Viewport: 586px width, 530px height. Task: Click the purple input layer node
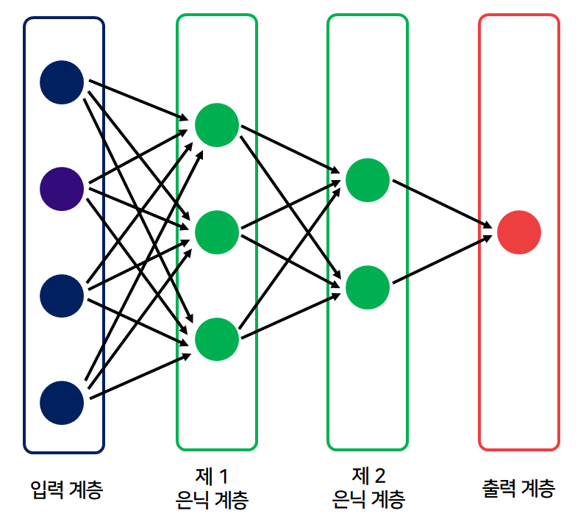coord(62,189)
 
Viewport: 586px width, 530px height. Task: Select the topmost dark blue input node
coord(62,82)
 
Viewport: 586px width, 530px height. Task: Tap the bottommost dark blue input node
coord(62,402)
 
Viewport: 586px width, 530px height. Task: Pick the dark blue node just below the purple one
coord(62,296)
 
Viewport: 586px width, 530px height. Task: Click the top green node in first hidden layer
coord(217,125)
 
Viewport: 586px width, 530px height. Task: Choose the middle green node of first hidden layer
coord(217,232)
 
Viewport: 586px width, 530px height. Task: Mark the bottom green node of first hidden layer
coord(217,339)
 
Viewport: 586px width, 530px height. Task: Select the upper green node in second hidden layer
coord(368,179)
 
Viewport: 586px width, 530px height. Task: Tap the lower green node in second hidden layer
coord(368,287)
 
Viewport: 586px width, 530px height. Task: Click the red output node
coord(519,233)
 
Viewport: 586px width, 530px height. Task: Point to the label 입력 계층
coord(65,488)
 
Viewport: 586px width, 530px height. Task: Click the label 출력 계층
coord(518,488)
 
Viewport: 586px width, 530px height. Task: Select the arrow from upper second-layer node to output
coord(441,204)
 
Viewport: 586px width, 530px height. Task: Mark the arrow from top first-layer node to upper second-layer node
coord(290,151)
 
